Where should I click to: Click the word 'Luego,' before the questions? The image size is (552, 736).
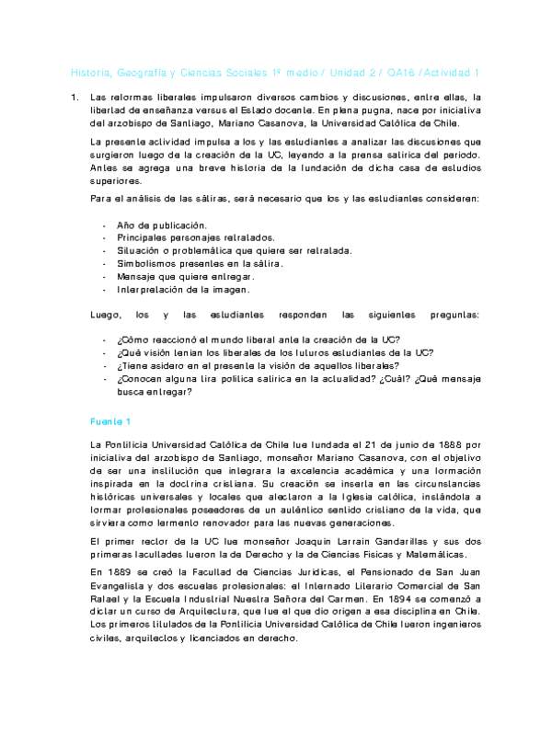tap(107, 315)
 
